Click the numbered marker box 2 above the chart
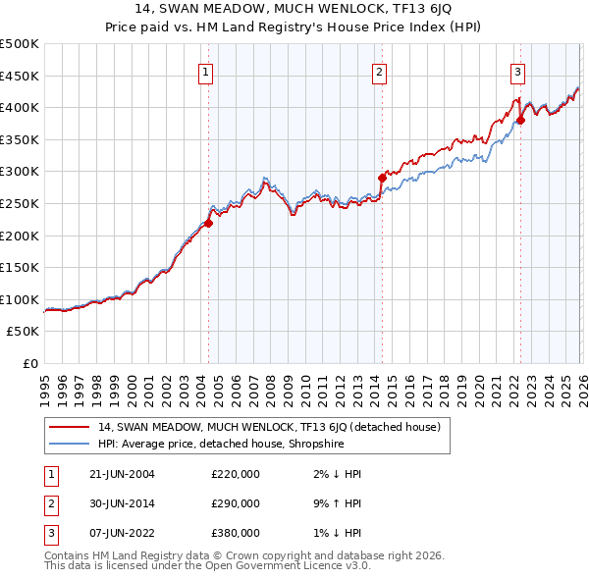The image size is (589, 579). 380,70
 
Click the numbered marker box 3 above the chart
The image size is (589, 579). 517,70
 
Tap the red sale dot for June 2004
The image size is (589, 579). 208,223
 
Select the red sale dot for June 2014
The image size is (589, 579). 382,178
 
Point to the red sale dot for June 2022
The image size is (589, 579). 520,121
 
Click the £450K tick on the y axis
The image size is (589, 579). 20,76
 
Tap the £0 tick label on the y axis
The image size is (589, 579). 31,363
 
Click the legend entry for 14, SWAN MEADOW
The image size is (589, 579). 274,427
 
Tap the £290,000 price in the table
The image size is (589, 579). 236,503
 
